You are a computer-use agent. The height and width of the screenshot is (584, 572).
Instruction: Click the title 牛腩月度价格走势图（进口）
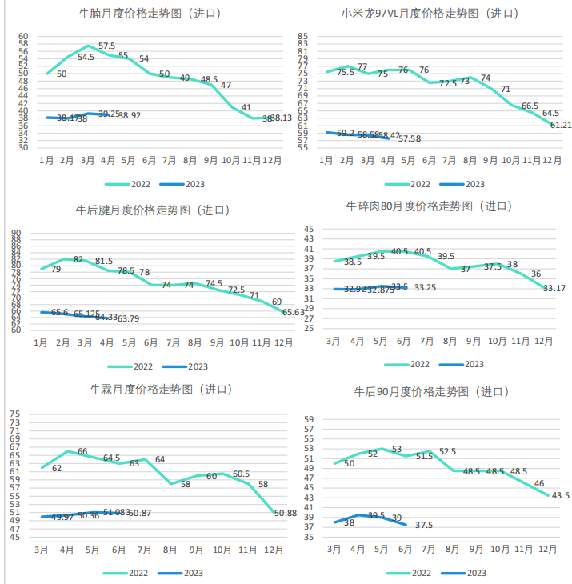point(150,14)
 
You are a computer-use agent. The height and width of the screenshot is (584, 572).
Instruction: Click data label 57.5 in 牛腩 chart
point(107,46)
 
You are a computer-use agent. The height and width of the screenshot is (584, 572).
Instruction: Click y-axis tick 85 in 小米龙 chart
point(302,37)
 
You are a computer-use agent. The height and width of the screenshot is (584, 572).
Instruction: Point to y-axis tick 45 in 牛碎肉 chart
point(309,230)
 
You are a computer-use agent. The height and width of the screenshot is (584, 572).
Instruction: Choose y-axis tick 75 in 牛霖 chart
point(14,414)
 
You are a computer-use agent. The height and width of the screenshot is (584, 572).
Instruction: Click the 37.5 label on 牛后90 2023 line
point(424,526)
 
